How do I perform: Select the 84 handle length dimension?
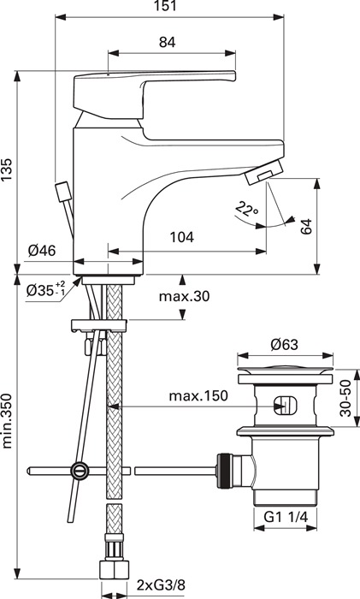tap(168, 42)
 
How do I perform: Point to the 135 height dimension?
tap(8, 169)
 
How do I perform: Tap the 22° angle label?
tap(246, 209)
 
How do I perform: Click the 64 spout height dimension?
tap(306, 226)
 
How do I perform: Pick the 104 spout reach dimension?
tap(182, 237)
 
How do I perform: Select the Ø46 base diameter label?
tap(42, 251)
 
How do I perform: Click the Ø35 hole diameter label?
tap(46, 290)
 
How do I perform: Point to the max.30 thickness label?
tap(185, 296)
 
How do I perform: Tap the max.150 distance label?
tap(198, 396)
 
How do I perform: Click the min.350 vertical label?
tap(8, 421)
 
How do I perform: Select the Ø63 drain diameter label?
tap(285, 345)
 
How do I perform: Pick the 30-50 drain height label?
tap(345, 399)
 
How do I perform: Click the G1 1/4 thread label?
tap(286, 517)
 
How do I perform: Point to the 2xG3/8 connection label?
tap(161, 584)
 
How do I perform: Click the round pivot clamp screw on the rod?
tap(80, 471)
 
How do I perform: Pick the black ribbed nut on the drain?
tap(224, 471)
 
